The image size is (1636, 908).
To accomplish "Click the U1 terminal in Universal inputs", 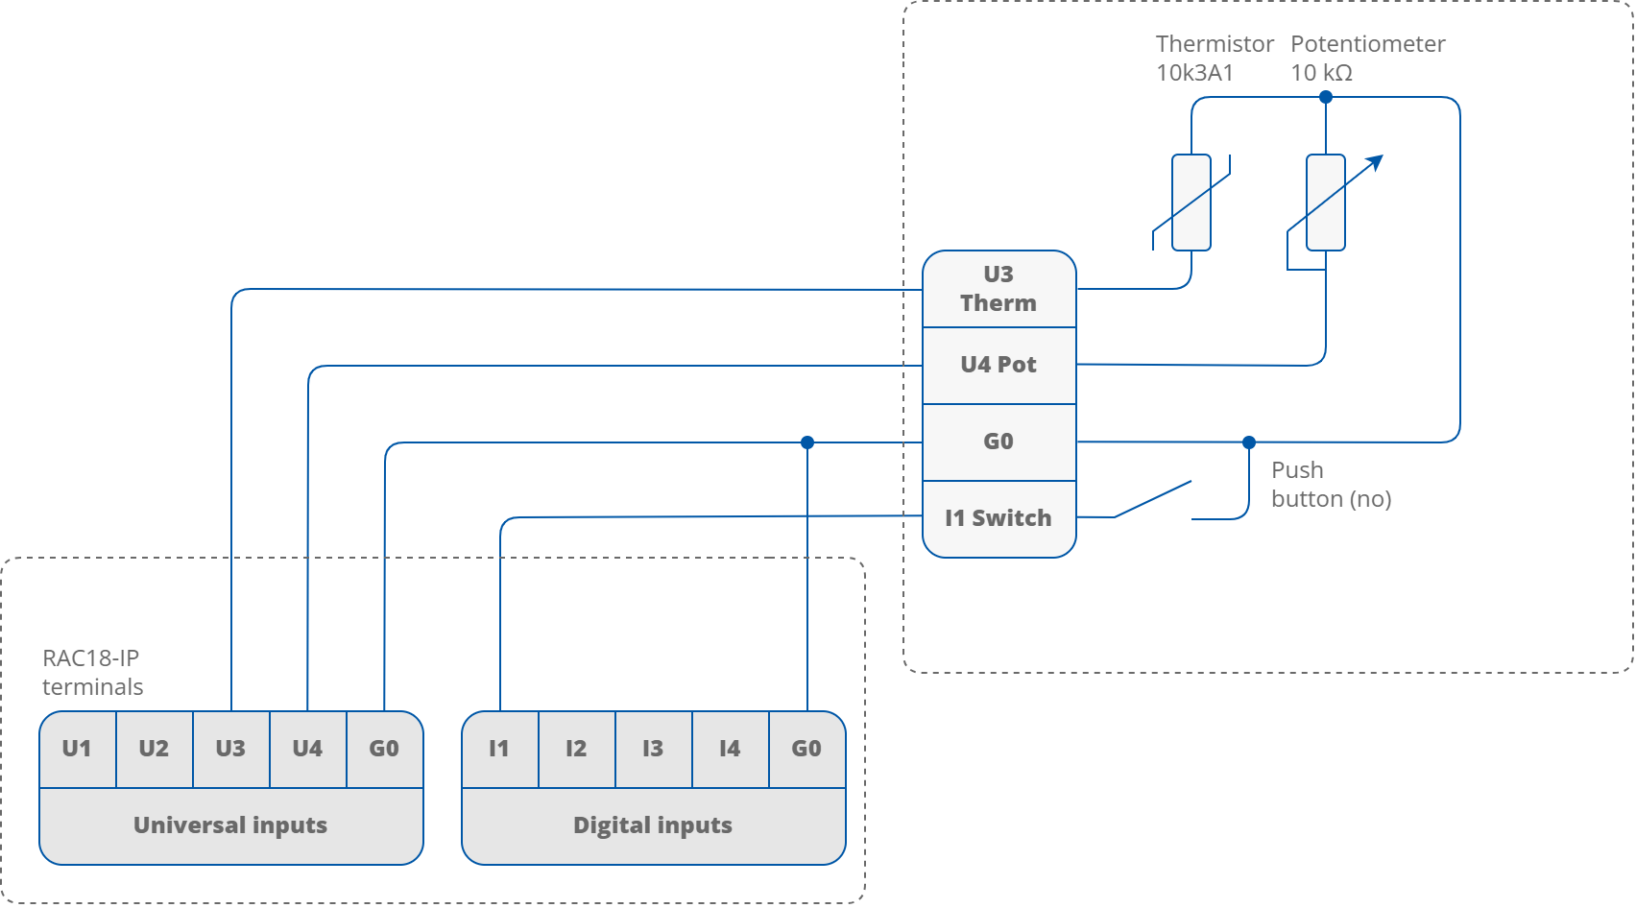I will (77, 749).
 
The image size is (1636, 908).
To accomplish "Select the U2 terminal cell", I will (154, 749).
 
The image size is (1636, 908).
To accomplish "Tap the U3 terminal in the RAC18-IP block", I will (230, 749).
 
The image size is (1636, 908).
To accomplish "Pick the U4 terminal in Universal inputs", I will (307, 749).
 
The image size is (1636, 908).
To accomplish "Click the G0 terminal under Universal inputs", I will (384, 749).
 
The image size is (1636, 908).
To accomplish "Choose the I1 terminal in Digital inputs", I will (499, 749).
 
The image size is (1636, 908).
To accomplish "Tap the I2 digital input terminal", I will (576, 749).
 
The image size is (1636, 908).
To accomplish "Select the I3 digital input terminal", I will (653, 749).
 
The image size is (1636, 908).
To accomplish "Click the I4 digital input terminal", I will (730, 749).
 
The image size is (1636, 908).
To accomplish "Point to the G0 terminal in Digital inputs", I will (806, 749).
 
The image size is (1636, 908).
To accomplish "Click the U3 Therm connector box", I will (998, 289).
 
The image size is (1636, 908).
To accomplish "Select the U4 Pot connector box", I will (998, 365).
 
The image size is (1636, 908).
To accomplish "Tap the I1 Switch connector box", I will (998, 518).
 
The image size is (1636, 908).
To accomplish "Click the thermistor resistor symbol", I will (1191, 203).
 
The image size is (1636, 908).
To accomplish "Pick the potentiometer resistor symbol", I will (1326, 203).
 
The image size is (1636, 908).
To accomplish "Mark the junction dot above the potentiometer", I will (1326, 97).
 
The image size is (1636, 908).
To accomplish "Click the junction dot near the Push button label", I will (1249, 442).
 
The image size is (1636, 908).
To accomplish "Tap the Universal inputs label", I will (230, 825).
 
